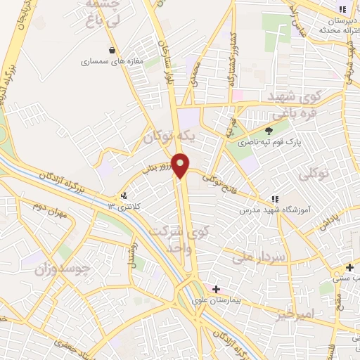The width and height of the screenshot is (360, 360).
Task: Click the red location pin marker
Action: coord(181,165)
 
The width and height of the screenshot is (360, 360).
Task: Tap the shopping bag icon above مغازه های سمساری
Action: coord(113,50)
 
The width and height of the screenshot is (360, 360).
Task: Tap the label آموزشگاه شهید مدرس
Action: coord(270,210)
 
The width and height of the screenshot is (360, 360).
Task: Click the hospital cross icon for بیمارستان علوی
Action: coord(216,288)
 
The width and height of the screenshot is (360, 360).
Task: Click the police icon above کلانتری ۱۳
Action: coord(124,195)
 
